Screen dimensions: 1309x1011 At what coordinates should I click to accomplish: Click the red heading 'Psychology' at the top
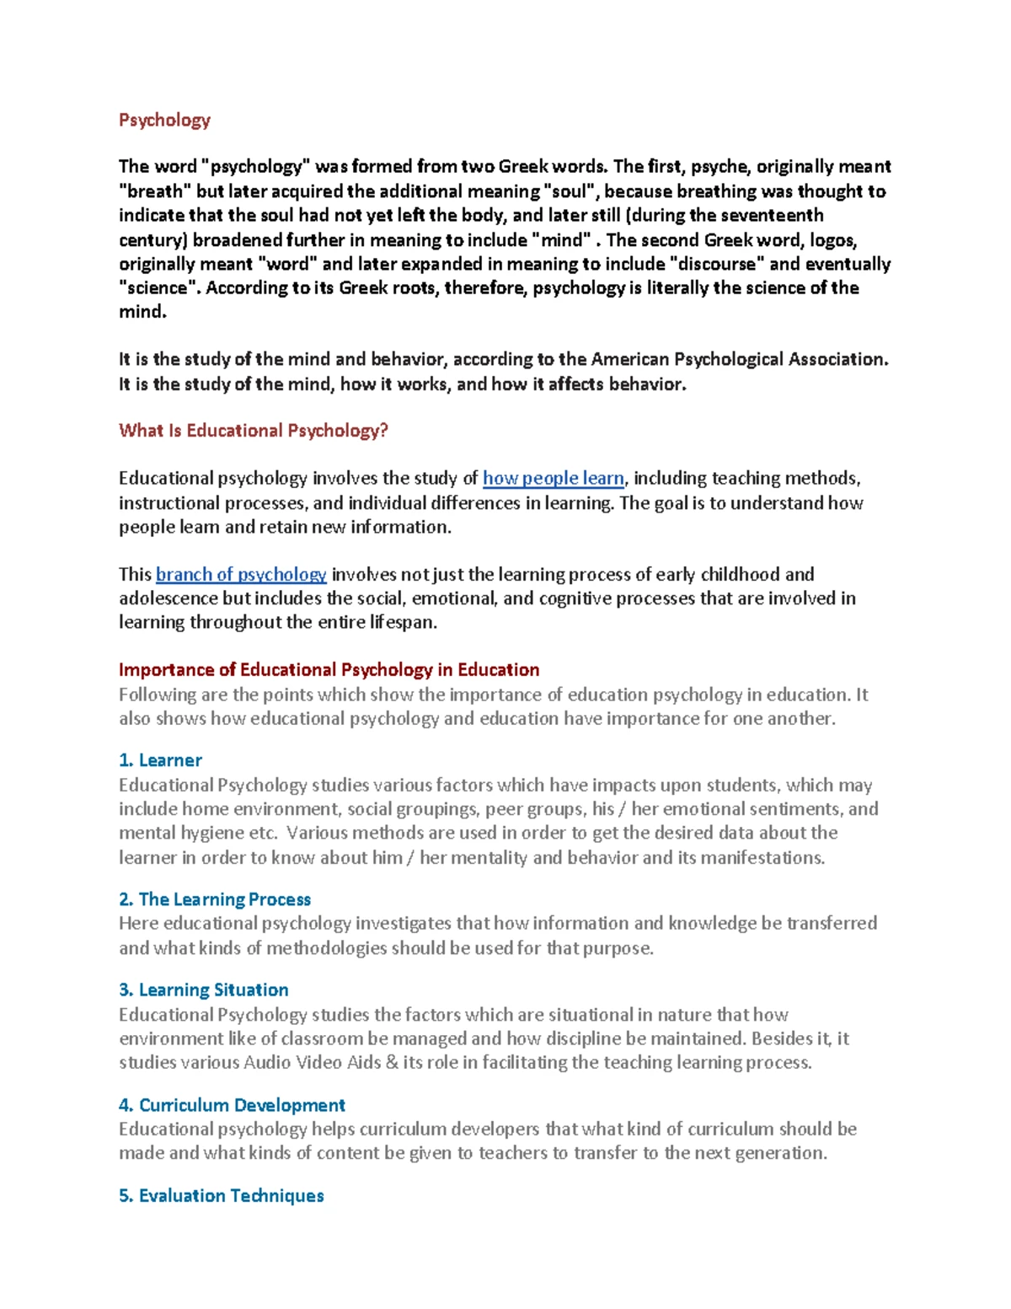click(164, 120)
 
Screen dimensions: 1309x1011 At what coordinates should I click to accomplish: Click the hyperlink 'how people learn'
click(553, 479)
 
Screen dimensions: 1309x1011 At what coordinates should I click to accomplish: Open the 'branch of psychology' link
click(241, 575)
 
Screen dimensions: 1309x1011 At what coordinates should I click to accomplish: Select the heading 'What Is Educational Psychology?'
click(253, 431)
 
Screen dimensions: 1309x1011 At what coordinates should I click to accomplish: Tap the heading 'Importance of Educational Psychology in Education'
click(329, 670)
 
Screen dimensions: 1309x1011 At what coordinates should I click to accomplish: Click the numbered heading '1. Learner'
click(160, 760)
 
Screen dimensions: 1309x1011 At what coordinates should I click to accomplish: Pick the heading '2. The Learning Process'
click(215, 899)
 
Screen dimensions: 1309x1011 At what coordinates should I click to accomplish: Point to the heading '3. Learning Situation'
click(204, 990)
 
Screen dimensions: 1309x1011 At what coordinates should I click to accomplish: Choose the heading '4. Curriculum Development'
click(232, 1105)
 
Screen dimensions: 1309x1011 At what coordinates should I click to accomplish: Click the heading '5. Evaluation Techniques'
click(221, 1195)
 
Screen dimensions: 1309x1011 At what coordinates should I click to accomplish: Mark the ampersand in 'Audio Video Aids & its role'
click(392, 1063)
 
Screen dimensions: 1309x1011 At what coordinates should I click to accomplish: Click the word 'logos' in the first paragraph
click(832, 240)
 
